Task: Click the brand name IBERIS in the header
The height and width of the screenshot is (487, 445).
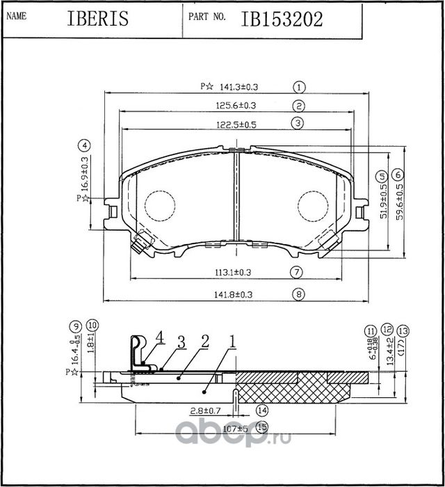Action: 98,19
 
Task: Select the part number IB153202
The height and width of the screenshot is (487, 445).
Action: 282,19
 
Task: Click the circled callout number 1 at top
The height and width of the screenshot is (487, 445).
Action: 299,88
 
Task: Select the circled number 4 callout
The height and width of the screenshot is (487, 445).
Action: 84,146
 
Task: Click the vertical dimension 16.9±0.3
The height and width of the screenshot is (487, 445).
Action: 85,174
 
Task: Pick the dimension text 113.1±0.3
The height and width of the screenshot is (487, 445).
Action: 231,272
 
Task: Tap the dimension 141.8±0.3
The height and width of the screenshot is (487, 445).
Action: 231,294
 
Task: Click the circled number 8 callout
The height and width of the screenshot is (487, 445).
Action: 299,294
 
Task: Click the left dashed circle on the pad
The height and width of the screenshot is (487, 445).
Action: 160,206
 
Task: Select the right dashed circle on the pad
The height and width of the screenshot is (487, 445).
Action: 313,206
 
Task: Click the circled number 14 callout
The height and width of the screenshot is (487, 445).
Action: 262,410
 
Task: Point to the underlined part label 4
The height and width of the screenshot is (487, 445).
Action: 159,337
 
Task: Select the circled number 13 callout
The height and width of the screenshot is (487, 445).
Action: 403,330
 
